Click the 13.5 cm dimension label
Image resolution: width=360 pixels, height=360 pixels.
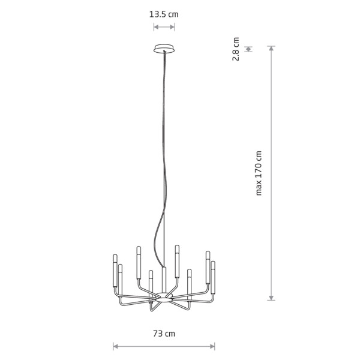164,14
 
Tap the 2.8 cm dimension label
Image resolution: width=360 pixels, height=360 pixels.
236,49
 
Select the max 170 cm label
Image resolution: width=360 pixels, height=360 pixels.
259,173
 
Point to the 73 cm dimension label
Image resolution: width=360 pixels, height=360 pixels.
164,334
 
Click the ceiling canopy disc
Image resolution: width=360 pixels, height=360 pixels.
164,49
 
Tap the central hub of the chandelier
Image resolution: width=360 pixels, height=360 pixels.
164,298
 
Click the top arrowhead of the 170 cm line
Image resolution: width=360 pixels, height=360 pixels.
271,48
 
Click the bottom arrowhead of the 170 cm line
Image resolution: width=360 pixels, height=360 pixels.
271,298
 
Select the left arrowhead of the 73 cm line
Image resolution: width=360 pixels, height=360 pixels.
115,346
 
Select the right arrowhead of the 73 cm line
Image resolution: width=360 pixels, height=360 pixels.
212,346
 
